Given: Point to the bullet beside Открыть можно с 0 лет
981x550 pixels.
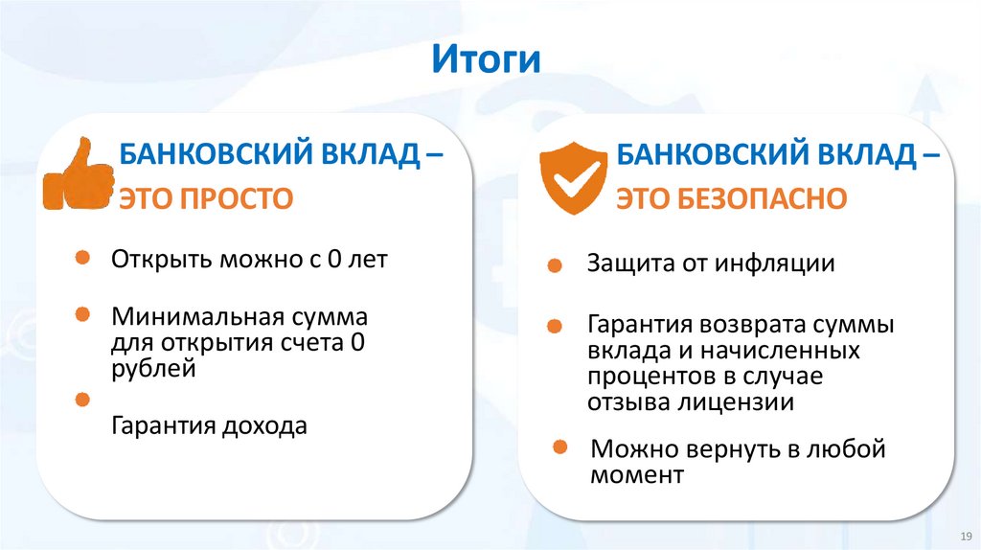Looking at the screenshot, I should [x=83, y=258].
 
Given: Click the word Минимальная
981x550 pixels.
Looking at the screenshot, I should [x=192, y=317].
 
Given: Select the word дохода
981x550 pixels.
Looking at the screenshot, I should [x=262, y=426].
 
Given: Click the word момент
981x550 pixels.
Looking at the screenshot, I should [x=637, y=475].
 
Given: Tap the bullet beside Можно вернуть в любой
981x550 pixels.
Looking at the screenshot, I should [x=564, y=447].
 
